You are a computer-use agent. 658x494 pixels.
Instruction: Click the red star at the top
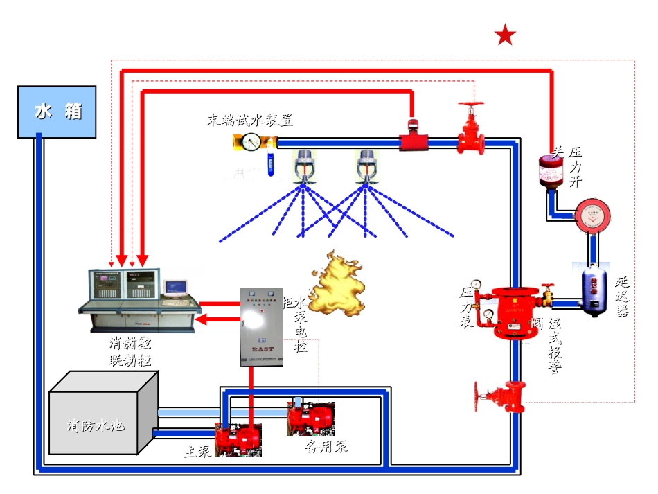[x=506, y=35]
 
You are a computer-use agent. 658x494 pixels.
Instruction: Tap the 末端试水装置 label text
[x=249, y=120]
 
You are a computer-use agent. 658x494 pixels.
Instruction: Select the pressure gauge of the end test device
[x=251, y=143]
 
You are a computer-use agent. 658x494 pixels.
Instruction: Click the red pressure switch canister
[x=551, y=171]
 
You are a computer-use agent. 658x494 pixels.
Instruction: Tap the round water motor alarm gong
[x=594, y=215]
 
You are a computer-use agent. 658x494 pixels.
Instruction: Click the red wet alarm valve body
[x=513, y=312]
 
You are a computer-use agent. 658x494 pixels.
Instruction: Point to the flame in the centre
[x=337, y=284]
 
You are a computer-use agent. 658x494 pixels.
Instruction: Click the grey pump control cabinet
[x=262, y=326]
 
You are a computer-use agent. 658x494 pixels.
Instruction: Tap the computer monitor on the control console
[x=175, y=287]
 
